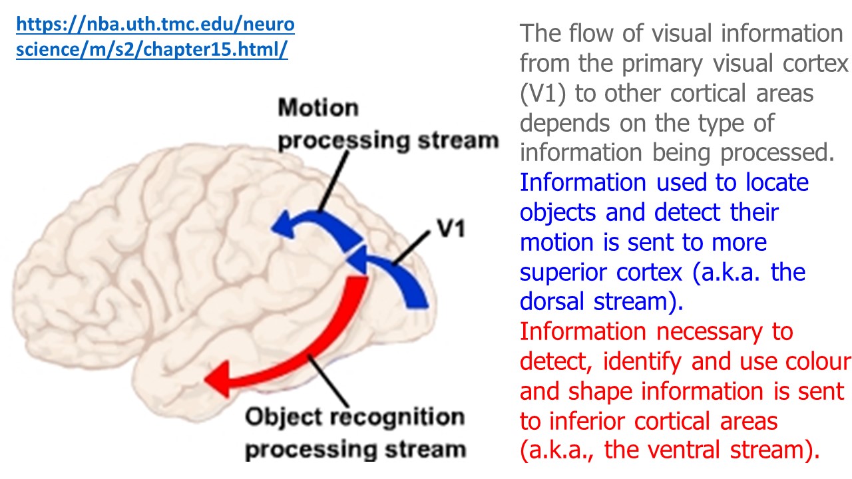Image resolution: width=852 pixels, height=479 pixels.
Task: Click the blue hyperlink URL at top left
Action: tap(154, 38)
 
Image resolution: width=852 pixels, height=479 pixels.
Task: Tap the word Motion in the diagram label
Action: tap(318, 108)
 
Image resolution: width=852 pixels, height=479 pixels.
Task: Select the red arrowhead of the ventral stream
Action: tap(218, 377)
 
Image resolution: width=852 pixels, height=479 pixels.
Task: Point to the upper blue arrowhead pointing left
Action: tap(283, 224)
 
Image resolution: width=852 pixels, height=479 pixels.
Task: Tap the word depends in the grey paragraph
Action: tap(565, 123)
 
